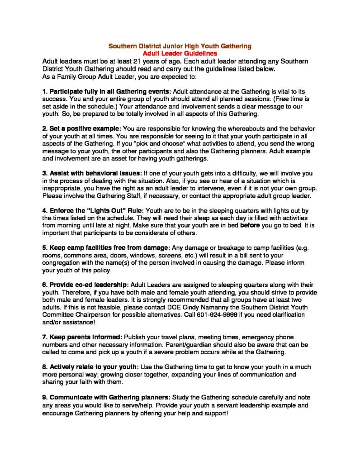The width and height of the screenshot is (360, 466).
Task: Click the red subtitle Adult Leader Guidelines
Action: [x=180, y=53]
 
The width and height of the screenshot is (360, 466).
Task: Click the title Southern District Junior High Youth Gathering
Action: [x=180, y=46]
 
